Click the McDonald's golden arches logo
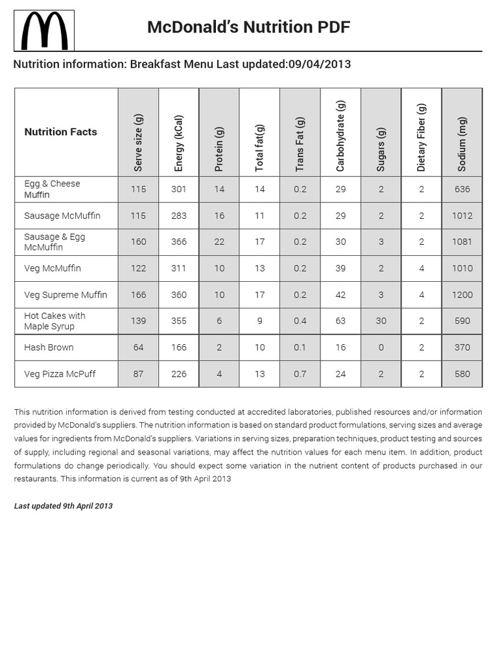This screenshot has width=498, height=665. point(44,31)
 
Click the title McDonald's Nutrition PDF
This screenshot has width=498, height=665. point(248,27)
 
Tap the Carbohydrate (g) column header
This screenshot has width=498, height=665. point(340,136)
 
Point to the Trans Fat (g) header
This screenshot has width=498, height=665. point(300,144)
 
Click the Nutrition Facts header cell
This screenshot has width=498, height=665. point(60,132)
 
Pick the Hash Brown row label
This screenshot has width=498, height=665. point(49,347)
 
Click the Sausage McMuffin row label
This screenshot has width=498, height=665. point(62,216)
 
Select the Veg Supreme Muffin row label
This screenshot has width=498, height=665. point(65,295)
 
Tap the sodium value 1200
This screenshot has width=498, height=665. point(462,295)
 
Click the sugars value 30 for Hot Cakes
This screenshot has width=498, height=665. point(381,321)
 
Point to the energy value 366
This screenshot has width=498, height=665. point(179,242)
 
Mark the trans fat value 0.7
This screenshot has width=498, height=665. point(300,374)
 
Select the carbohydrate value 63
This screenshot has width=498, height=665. point(340,321)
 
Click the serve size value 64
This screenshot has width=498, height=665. point(138,347)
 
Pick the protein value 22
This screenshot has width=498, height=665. point(219,242)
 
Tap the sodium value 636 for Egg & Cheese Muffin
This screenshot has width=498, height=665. point(462,189)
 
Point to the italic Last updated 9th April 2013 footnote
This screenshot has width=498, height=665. point(64,506)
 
